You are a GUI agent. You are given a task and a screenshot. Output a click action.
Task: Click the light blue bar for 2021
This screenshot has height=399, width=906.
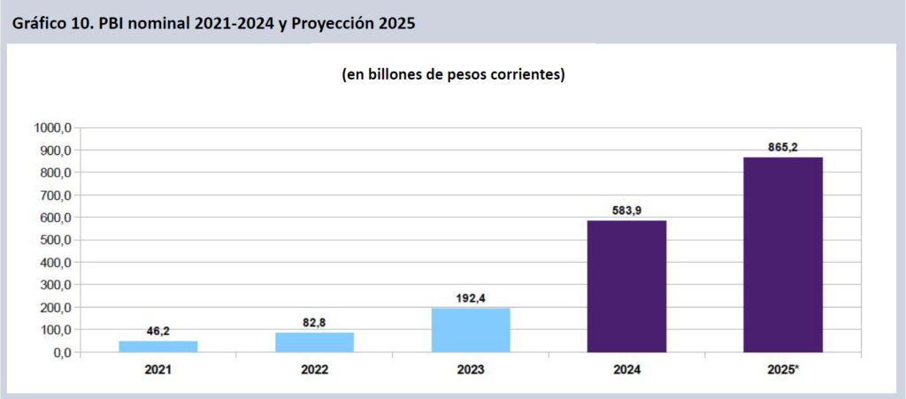pyautogui.click(x=158, y=346)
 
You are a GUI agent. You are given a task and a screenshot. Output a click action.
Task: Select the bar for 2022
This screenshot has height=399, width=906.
pyautogui.click(x=314, y=342)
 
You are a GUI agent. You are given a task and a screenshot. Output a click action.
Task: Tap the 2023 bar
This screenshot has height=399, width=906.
pyautogui.click(x=471, y=330)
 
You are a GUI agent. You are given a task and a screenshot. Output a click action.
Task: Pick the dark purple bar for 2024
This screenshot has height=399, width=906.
pyautogui.click(x=626, y=286)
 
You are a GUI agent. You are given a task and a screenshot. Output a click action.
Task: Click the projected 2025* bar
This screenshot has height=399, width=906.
pyautogui.click(x=783, y=255)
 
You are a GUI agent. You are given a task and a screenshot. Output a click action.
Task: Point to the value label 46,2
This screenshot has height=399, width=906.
pyautogui.click(x=158, y=331)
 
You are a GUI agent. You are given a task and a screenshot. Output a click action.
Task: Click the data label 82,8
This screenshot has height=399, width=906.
pyautogui.click(x=314, y=323)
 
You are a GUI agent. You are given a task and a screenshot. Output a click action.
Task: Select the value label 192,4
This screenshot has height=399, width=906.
pyautogui.click(x=471, y=298)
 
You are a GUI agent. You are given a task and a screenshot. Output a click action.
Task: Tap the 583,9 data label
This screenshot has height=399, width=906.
pyautogui.click(x=626, y=211)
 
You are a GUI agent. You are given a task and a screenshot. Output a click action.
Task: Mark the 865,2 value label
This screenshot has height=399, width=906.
pyautogui.click(x=783, y=147)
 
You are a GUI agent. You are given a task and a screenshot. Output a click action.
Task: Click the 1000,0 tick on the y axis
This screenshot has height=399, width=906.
pyautogui.click(x=53, y=127)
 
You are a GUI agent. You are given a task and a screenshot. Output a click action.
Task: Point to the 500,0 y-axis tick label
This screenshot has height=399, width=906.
pyautogui.click(x=56, y=240)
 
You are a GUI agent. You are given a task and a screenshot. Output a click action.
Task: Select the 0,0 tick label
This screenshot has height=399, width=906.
pyautogui.click(x=60, y=352)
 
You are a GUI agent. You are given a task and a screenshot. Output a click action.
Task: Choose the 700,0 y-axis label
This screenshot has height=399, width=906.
pyautogui.click(x=56, y=195)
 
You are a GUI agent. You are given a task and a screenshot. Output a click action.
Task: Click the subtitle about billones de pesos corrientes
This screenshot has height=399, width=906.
pyautogui.click(x=453, y=75)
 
